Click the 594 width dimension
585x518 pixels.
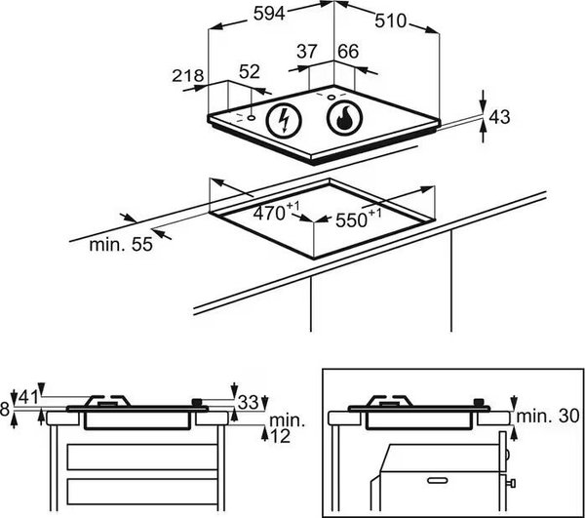click(269, 14)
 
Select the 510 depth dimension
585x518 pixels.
click(390, 20)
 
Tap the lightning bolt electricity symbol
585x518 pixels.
click(284, 120)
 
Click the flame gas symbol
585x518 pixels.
click(344, 117)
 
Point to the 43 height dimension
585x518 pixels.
click(499, 117)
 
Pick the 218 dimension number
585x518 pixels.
click(187, 76)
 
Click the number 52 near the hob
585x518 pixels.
click(250, 71)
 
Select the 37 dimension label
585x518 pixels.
click(307, 51)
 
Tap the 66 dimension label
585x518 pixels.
click(348, 51)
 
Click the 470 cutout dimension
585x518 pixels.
click(277, 213)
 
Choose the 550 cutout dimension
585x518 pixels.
click(359, 219)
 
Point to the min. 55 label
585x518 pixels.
click(121, 245)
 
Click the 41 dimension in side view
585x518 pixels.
click(28, 397)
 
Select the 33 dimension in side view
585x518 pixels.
click(248, 402)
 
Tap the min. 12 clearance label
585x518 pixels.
click(286, 428)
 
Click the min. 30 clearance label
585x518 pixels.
click(548, 416)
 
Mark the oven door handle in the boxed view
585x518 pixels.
click(438, 480)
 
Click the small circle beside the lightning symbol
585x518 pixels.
click(252, 118)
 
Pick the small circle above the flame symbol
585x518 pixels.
click(331, 98)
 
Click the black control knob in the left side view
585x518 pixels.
click(197, 402)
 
